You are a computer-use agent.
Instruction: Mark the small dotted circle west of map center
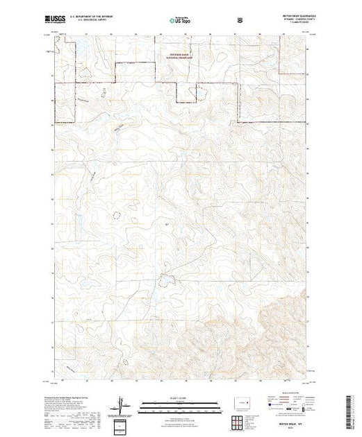pos(110,214)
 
